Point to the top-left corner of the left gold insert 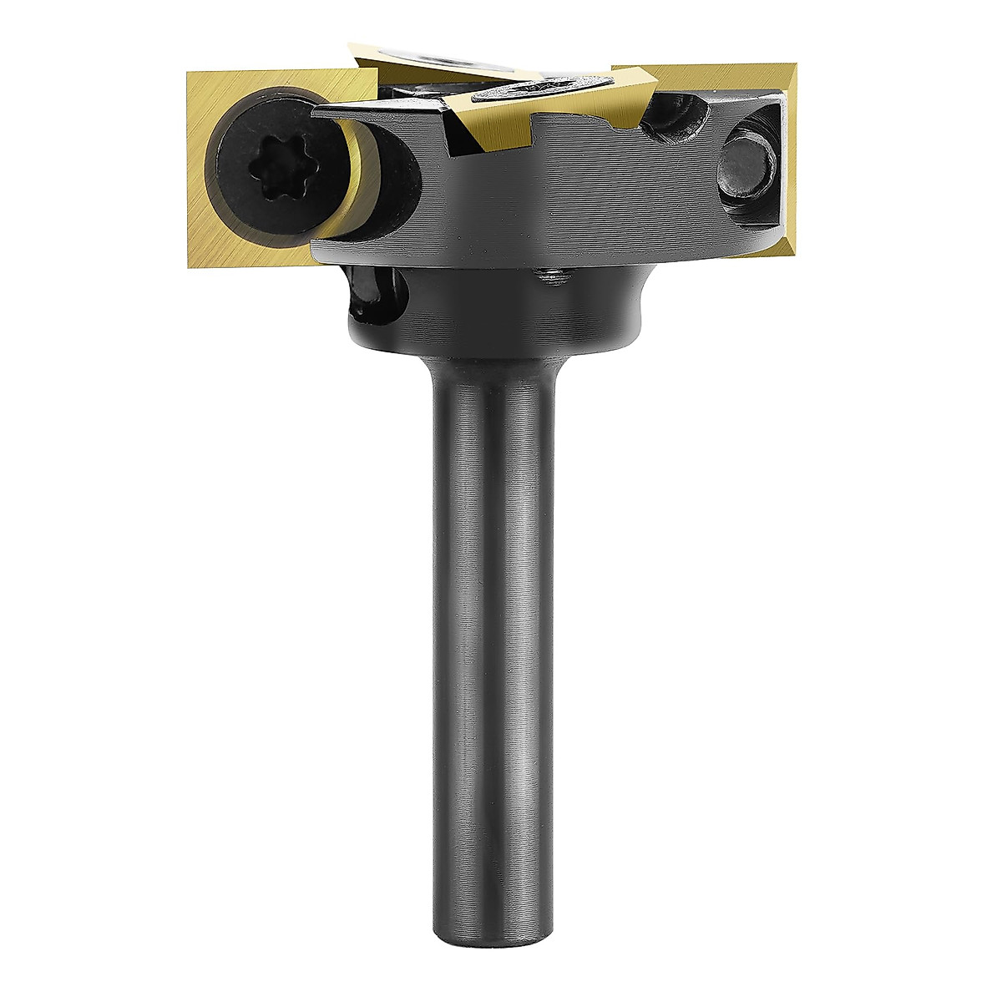click(x=187, y=72)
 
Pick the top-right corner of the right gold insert click(x=799, y=67)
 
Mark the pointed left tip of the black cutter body click(x=316, y=109)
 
